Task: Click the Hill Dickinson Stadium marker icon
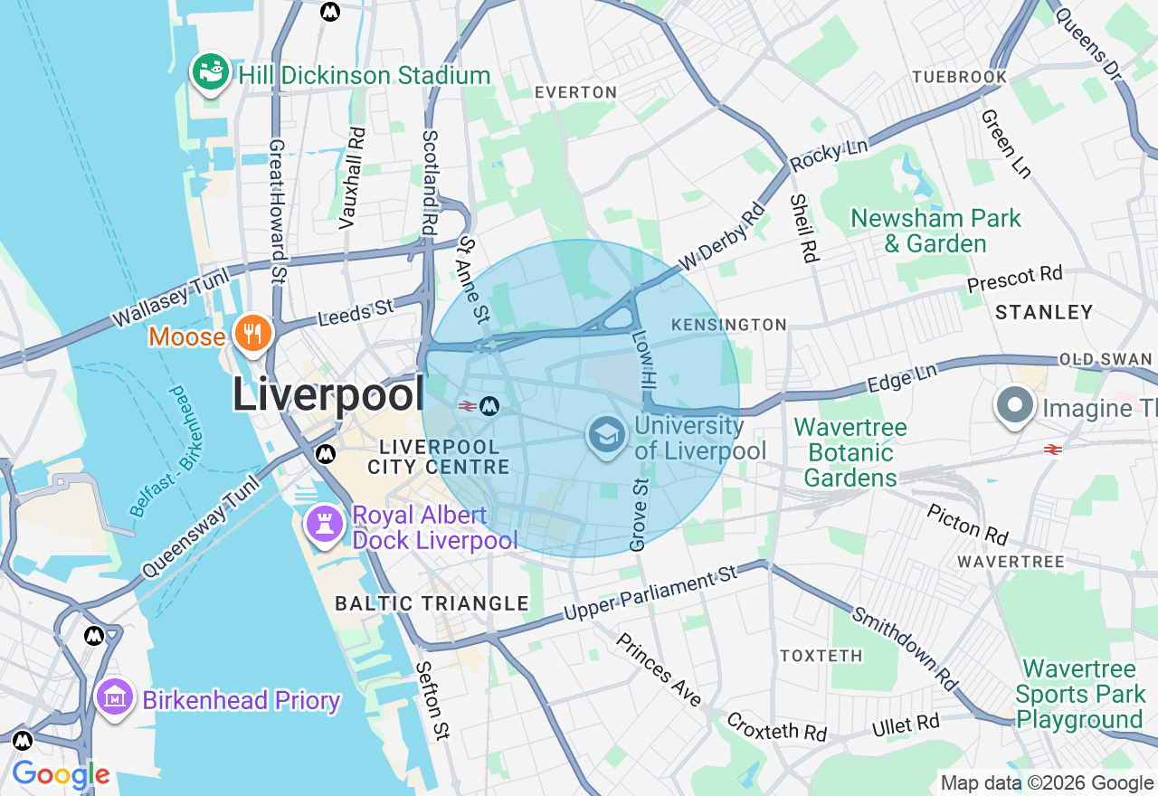click(210, 72)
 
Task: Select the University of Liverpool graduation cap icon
click(607, 436)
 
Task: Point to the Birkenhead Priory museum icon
click(115, 699)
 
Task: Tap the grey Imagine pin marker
click(1015, 407)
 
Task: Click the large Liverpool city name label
click(328, 394)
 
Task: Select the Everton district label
click(575, 92)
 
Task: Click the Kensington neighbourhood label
click(729, 325)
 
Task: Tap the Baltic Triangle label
click(432, 603)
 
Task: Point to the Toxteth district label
click(821, 655)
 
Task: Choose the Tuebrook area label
click(959, 77)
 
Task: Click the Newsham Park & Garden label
click(935, 231)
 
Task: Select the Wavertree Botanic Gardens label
click(850, 451)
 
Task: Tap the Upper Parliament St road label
click(651, 593)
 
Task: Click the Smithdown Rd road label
click(904, 649)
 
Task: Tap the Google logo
click(61, 774)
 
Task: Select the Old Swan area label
click(1105, 359)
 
